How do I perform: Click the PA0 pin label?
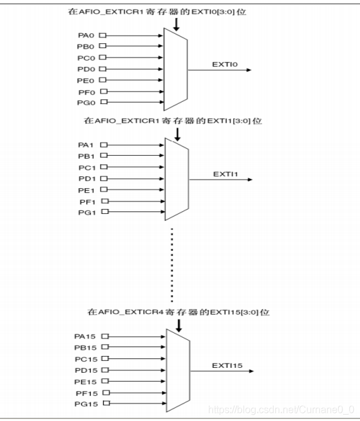pos(86,36)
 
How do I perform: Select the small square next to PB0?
pos(102,46)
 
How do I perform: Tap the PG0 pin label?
pos(86,103)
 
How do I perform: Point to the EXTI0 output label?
pos(225,64)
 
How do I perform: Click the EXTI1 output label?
pos(226,175)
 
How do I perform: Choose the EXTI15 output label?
pos(227,366)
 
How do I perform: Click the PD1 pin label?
pos(87,178)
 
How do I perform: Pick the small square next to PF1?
pos(105,201)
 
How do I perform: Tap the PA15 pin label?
pos(85,337)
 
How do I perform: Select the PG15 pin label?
pos(86,404)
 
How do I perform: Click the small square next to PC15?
pos(105,358)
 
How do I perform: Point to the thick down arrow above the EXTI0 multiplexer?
pos(176,24)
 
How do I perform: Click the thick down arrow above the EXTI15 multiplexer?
pos(179,325)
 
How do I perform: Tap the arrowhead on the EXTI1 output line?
pos(250,180)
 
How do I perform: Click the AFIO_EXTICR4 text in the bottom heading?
pos(131,312)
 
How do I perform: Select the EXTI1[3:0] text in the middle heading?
pos(229,121)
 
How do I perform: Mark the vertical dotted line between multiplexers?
pos(172,265)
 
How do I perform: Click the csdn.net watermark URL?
pos(281,410)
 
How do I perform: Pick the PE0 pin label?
pos(86,81)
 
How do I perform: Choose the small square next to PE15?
pos(105,381)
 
